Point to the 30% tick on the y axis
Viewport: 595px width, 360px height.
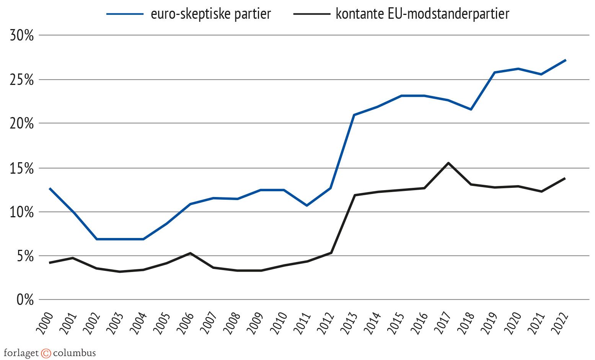22,36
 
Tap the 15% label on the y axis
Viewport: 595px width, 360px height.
22,168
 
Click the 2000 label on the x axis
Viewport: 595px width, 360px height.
45,323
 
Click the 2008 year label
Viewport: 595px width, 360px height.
232,323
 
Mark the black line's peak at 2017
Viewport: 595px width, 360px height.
448,163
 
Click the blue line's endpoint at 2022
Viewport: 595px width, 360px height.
565,60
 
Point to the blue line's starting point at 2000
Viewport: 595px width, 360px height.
50,188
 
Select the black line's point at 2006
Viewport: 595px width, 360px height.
190,253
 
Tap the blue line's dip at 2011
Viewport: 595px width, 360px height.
307,205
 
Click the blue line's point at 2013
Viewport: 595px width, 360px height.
354,115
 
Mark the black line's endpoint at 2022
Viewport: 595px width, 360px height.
565,178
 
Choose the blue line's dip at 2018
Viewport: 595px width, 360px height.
471,109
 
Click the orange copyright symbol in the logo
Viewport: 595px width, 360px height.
46,353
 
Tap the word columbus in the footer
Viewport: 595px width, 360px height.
74,353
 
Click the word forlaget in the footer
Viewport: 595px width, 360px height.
21,353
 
